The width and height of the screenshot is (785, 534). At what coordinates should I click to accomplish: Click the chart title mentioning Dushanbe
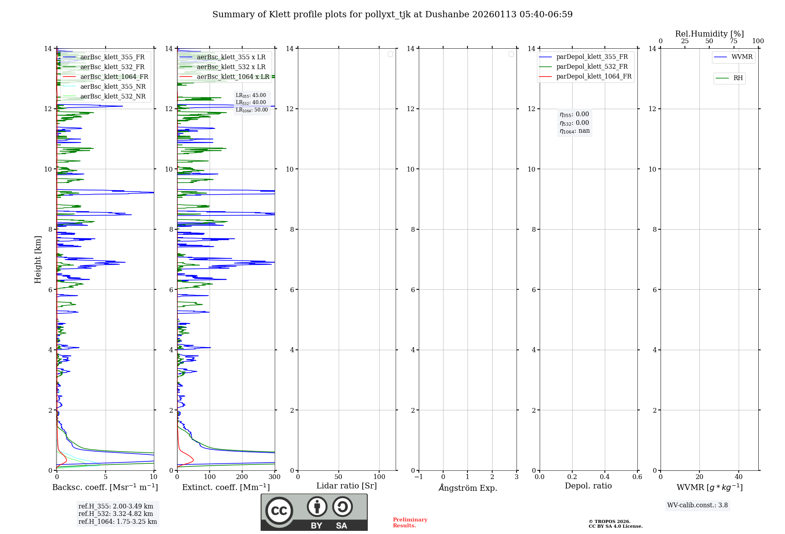(x=392, y=15)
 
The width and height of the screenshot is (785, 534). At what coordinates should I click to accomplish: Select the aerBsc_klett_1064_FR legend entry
(x=114, y=77)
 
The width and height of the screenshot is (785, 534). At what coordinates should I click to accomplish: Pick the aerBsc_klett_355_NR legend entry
(x=113, y=87)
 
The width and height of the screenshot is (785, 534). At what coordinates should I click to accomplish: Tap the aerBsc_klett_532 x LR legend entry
(x=231, y=67)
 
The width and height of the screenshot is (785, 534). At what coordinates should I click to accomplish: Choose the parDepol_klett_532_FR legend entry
(x=592, y=67)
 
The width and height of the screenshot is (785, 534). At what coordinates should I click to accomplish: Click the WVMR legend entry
(x=742, y=57)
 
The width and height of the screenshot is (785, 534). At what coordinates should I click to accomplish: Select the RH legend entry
(x=738, y=78)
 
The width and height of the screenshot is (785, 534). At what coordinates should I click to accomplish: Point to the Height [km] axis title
(x=38, y=260)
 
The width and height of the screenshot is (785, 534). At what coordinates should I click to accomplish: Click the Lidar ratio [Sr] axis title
(x=347, y=486)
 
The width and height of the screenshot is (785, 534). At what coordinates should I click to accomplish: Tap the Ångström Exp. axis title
(x=467, y=488)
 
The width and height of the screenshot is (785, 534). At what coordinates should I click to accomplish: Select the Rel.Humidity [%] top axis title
(x=709, y=34)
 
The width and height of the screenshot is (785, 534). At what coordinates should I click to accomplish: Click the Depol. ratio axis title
(x=588, y=486)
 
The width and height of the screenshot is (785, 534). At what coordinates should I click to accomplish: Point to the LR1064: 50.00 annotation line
(x=252, y=110)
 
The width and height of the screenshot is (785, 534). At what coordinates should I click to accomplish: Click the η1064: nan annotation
(x=575, y=131)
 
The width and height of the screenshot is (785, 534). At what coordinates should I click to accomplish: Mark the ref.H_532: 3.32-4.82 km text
(x=116, y=514)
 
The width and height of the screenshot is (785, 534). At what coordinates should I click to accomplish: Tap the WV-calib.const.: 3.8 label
(x=697, y=505)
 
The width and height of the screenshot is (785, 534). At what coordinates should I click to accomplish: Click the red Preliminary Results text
(x=410, y=523)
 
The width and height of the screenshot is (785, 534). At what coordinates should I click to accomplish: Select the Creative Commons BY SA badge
(x=314, y=512)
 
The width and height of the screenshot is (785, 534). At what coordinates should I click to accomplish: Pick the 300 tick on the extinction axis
(x=274, y=477)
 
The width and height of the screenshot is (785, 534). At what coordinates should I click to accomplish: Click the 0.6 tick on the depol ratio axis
(x=637, y=477)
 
